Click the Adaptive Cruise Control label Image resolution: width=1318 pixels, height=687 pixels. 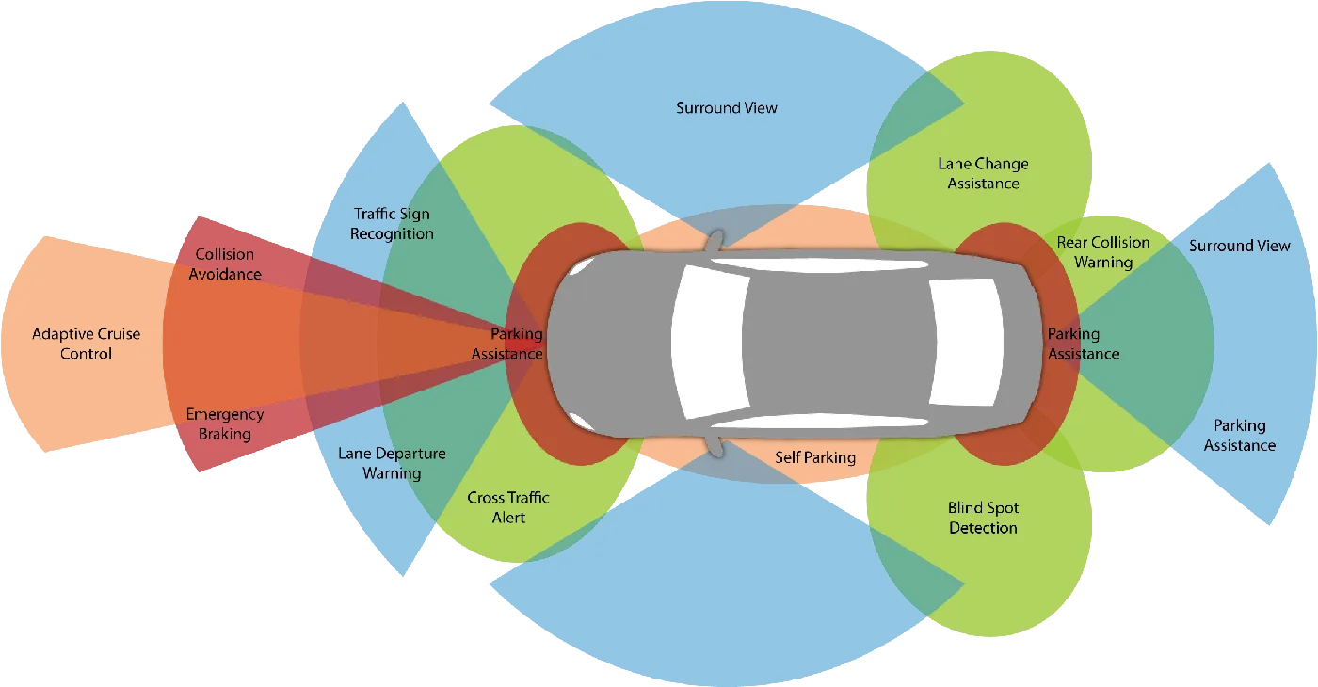(x=86, y=343)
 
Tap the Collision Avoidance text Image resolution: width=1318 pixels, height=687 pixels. (x=225, y=264)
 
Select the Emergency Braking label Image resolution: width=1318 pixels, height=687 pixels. (x=224, y=424)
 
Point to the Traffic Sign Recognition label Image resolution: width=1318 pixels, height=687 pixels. (x=392, y=224)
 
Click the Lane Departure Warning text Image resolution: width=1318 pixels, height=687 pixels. (x=392, y=463)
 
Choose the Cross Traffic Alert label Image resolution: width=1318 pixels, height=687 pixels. (x=508, y=507)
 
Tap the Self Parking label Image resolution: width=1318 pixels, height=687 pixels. (x=815, y=457)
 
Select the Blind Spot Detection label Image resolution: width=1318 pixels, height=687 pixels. (x=983, y=518)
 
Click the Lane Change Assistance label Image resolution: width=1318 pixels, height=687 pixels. (x=983, y=173)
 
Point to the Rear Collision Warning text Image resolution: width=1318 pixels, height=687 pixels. (x=1103, y=252)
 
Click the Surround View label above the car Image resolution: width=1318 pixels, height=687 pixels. (x=727, y=108)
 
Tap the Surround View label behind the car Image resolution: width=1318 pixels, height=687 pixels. (x=1239, y=246)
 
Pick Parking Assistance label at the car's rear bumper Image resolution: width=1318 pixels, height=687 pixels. (x=1084, y=343)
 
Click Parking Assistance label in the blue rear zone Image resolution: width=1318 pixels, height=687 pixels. (x=1239, y=435)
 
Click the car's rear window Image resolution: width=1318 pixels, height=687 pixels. (x=965, y=343)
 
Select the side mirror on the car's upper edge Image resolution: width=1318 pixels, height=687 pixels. (x=716, y=241)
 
